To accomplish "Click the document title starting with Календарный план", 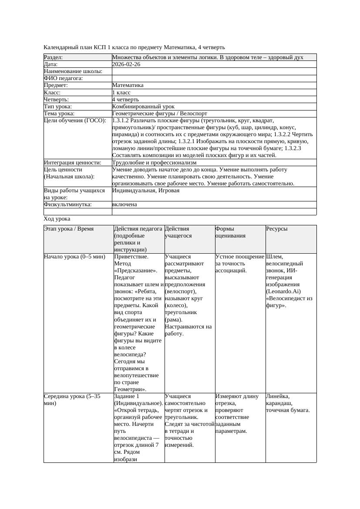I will click(x=135, y=47).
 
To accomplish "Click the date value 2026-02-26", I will click(x=126, y=64).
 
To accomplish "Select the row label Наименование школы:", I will click(x=73, y=71).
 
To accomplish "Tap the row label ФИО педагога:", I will click(x=64, y=78).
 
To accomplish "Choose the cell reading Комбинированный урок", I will click(x=143, y=106).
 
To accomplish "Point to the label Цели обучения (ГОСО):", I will click(x=75, y=121).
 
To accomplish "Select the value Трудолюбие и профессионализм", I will click(x=154, y=162).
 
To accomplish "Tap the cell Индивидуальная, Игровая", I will click(x=145, y=191).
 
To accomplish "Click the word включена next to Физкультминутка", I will click(x=124, y=204).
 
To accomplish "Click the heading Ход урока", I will click(x=57, y=219).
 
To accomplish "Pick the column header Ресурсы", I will click(x=277, y=229).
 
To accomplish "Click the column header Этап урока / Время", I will click(x=69, y=229).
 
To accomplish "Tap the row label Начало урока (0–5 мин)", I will click(x=74, y=257).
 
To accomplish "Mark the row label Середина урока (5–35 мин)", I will click(x=72, y=400).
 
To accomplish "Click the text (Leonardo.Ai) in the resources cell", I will click(x=283, y=291).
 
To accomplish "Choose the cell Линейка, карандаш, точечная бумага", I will click(x=288, y=403).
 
